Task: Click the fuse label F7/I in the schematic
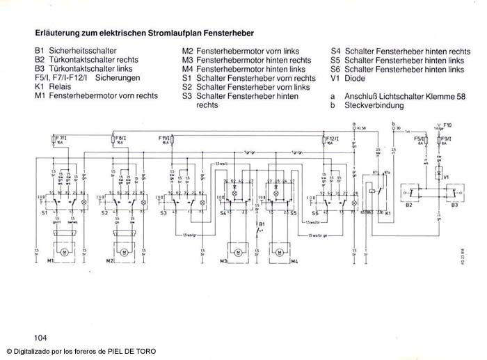click(62, 139)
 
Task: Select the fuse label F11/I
click(166, 139)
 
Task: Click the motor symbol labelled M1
click(65, 249)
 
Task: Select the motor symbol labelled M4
click(280, 249)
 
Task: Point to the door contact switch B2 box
click(413, 191)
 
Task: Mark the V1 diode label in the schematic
click(448, 177)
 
